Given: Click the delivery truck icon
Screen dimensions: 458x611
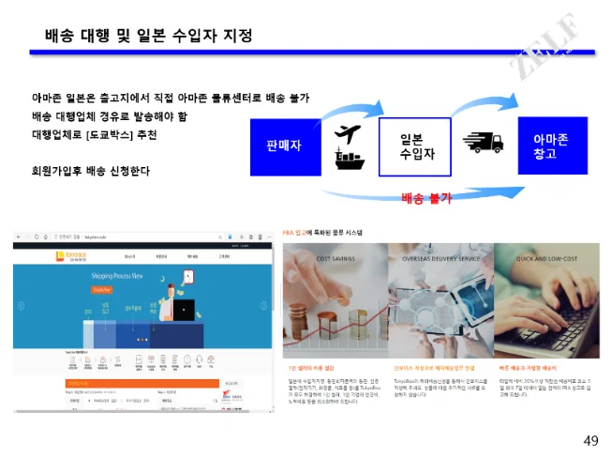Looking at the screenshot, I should (x=483, y=144).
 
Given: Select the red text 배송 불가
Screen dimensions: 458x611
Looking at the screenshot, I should (x=426, y=197).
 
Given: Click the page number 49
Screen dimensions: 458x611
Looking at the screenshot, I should (x=590, y=440).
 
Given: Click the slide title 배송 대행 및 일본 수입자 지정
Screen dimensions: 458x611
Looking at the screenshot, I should (x=148, y=37).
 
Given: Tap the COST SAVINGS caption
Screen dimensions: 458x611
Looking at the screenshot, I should (x=335, y=258).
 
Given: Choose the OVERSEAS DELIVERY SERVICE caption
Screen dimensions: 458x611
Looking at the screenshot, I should (x=440, y=258).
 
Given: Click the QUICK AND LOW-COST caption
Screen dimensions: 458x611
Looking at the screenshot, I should (x=546, y=258).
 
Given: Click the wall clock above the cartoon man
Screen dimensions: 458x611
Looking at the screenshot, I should (x=187, y=277).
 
